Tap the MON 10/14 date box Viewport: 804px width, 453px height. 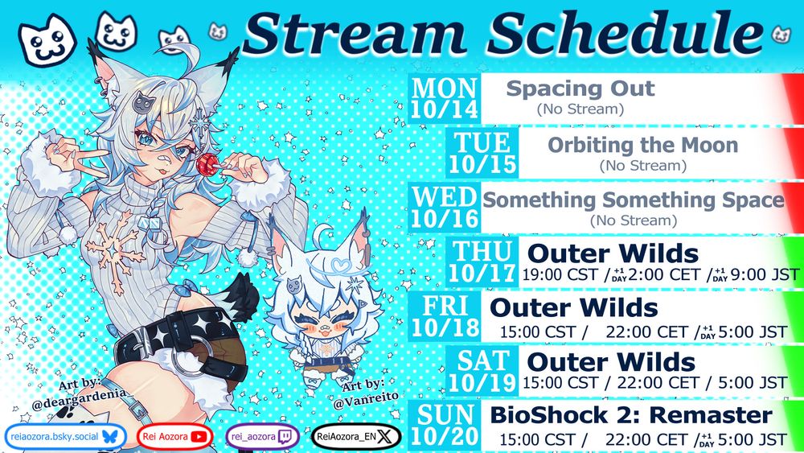(445, 98)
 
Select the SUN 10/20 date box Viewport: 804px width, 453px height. (445, 426)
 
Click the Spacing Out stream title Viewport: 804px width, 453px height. (580, 89)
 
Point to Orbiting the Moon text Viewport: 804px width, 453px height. (643, 145)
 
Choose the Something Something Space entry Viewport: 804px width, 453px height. (634, 200)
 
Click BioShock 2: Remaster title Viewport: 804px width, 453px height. (631, 415)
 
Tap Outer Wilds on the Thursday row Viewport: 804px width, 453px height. (613, 253)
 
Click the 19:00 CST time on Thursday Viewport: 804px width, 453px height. (560, 275)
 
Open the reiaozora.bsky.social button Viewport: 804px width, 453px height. (65, 437)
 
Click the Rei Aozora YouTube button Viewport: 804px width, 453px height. (174, 437)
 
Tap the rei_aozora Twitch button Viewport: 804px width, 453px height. (263, 437)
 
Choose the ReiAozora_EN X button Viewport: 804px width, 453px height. (356, 437)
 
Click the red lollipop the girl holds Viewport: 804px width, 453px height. (207, 165)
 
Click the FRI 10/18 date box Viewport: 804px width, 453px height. (445, 316)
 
